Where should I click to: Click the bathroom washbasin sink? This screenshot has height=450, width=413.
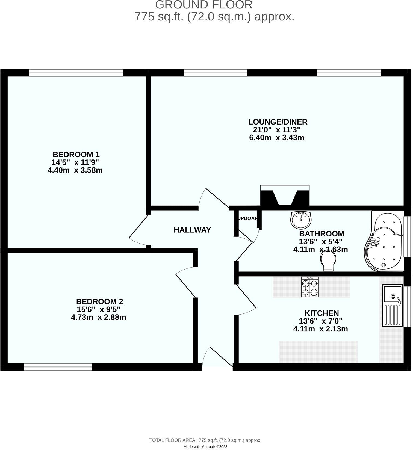point(301,220)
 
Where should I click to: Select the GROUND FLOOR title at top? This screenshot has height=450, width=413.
point(204,5)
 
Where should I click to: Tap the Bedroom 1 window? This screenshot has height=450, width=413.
point(76,73)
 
